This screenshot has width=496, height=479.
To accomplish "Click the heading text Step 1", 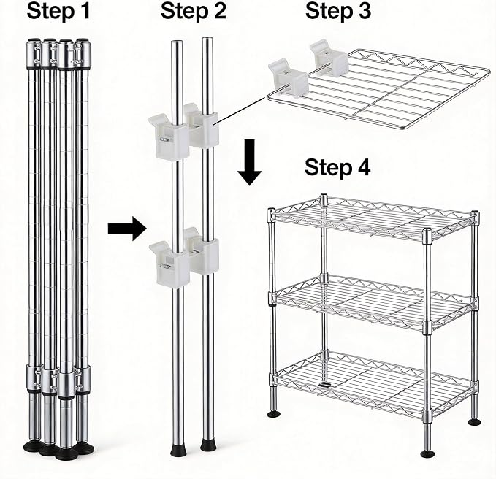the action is (58, 11).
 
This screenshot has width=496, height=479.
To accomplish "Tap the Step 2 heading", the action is (194, 11).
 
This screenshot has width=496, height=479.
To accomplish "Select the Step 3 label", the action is (338, 11).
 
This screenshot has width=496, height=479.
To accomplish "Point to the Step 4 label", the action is (337, 167).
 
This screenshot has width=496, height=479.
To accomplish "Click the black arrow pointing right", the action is (127, 228).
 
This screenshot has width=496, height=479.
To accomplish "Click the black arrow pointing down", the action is (250, 162).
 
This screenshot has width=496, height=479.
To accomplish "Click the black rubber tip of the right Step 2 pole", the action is (208, 445).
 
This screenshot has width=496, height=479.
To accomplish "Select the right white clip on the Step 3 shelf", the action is (329, 58).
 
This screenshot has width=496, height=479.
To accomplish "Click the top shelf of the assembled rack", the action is (373, 218).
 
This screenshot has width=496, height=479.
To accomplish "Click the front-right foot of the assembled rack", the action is (427, 453).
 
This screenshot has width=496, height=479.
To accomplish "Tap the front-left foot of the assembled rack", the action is (274, 414).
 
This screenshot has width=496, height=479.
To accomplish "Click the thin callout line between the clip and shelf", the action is (241, 111).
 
